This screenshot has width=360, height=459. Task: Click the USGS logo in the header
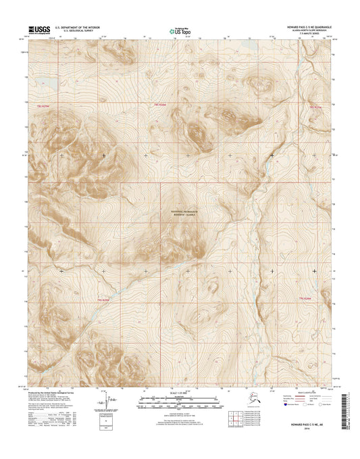(x=38, y=30)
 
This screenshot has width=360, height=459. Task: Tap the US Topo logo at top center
(x=180, y=30)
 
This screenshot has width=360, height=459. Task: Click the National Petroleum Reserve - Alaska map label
(x=180, y=212)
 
